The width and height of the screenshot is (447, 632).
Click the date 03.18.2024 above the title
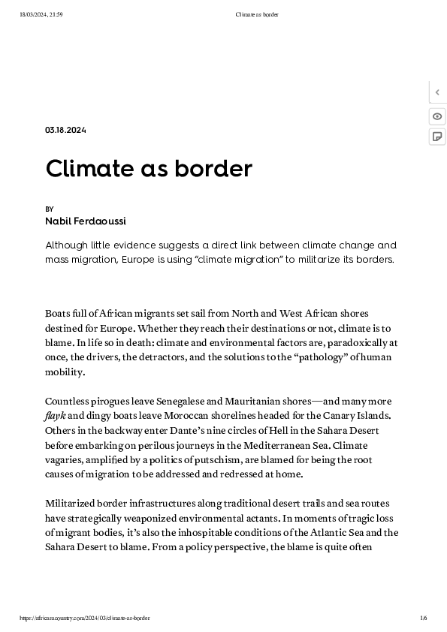pos(65,131)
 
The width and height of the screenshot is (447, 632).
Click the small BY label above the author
pos(50,209)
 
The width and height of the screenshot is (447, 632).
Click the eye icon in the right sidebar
pos(437,116)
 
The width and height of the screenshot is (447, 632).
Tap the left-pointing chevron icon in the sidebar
pos(437,93)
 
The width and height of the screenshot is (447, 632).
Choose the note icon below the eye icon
pos(437,137)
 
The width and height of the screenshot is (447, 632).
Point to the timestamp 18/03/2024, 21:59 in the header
pos(41,14)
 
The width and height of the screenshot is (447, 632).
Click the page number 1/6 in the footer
pos(424,618)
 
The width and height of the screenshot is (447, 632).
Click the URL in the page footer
pos(86,618)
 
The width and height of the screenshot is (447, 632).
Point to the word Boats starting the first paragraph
pos(58,313)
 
